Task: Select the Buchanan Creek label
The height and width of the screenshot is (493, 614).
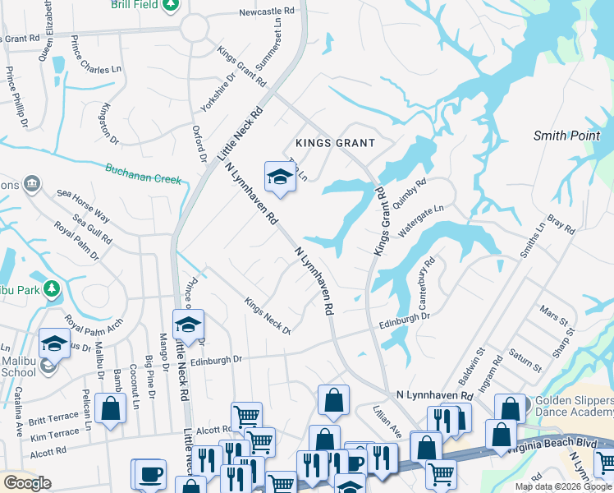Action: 142,174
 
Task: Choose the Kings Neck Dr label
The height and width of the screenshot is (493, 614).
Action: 268,316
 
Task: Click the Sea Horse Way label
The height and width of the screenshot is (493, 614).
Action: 83,205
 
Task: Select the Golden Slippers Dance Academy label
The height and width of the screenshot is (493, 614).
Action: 571,405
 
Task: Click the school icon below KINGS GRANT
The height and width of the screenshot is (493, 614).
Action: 279,177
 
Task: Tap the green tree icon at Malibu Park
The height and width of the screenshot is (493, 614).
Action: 52,288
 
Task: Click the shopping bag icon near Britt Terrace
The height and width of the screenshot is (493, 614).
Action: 110,408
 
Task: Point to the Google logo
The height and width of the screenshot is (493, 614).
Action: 26,482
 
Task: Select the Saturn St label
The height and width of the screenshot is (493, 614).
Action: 526,359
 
